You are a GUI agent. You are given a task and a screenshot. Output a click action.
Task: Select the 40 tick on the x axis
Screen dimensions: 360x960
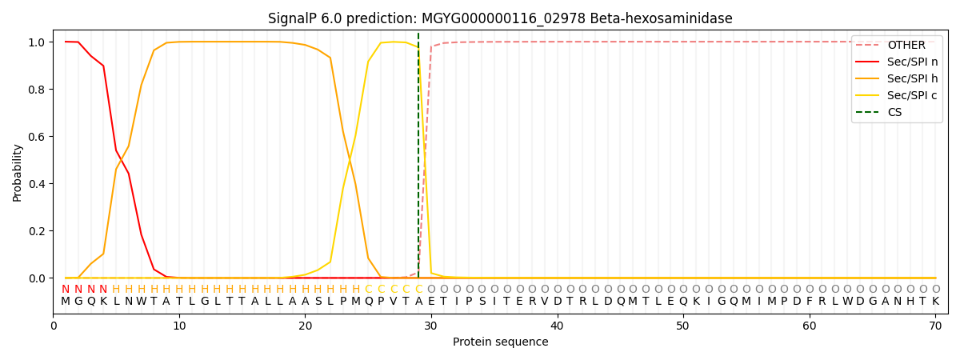click(x=557, y=326)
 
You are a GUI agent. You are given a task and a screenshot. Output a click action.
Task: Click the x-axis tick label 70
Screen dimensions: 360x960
click(x=935, y=326)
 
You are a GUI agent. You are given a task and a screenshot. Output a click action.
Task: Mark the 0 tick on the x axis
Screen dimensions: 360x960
click(x=54, y=326)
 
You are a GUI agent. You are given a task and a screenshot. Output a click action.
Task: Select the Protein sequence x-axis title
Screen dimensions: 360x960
click(x=500, y=342)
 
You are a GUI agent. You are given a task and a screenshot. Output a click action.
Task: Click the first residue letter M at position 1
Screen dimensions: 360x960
click(x=66, y=302)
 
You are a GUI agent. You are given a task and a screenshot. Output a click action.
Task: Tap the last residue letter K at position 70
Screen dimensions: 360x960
click(x=935, y=302)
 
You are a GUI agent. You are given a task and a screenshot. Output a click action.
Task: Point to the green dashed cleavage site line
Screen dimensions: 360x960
click(x=418, y=160)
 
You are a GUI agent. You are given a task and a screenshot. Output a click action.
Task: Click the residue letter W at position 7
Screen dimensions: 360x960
click(x=142, y=302)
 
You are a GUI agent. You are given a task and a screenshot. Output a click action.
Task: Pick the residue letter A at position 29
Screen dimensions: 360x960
click(x=418, y=302)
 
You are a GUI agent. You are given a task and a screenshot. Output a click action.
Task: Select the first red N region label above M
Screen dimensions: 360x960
click(x=66, y=290)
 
